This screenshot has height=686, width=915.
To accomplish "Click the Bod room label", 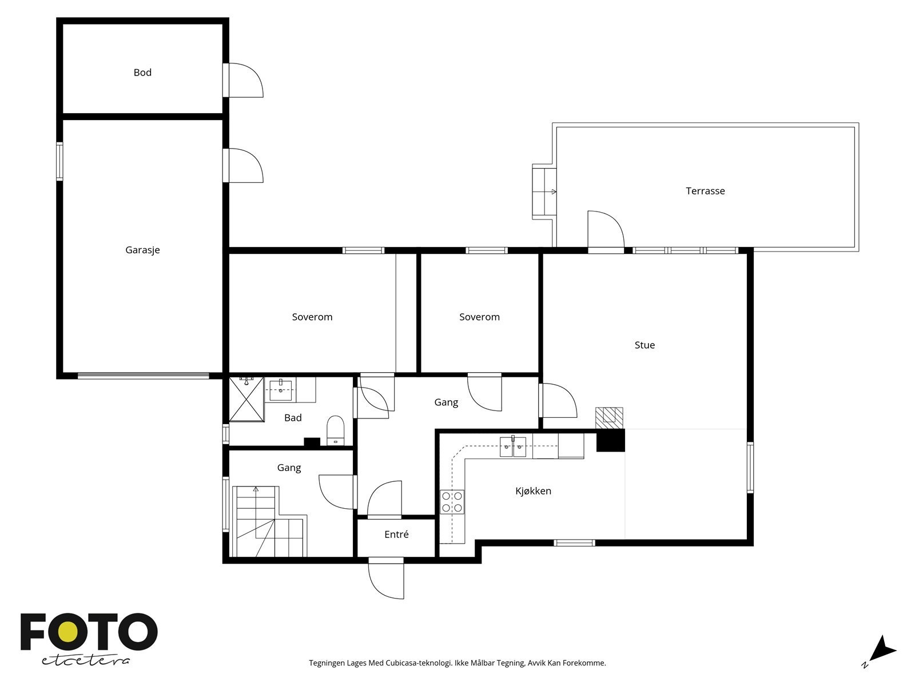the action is (x=142, y=73).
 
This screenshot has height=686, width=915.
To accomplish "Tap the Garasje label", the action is (x=142, y=250).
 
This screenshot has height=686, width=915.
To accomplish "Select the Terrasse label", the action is (x=705, y=191).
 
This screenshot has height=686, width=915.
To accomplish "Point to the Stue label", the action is (x=645, y=345).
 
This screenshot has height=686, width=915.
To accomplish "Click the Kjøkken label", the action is (x=533, y=490).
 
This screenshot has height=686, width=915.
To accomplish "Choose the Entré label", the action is (x=396, y=535).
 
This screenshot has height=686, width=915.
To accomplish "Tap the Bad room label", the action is (x=293, y=418).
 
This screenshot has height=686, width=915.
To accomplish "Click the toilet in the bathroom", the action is (x=336, y=430).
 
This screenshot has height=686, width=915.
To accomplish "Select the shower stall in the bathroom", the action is (x=246, y=399).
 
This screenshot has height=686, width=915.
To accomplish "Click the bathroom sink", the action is (x=281, y=390).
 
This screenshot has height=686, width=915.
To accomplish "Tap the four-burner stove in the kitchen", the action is (x=452, y=502).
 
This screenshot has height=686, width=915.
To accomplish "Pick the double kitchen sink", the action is (x=513, y=446).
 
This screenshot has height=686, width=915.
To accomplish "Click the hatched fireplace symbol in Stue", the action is (x=609, y=418).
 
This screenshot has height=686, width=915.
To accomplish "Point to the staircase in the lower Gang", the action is (x=270, y=521).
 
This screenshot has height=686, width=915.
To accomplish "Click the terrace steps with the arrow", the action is (x=544, y=192).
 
